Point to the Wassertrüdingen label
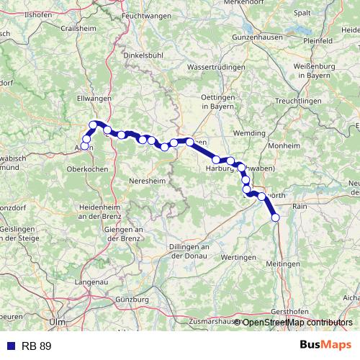click(214, 66)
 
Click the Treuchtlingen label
click(297, 102)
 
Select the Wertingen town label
click(240, 257)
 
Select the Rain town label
click(300, 207)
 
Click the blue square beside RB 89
click(10, 346)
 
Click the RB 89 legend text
click(36, 346)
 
